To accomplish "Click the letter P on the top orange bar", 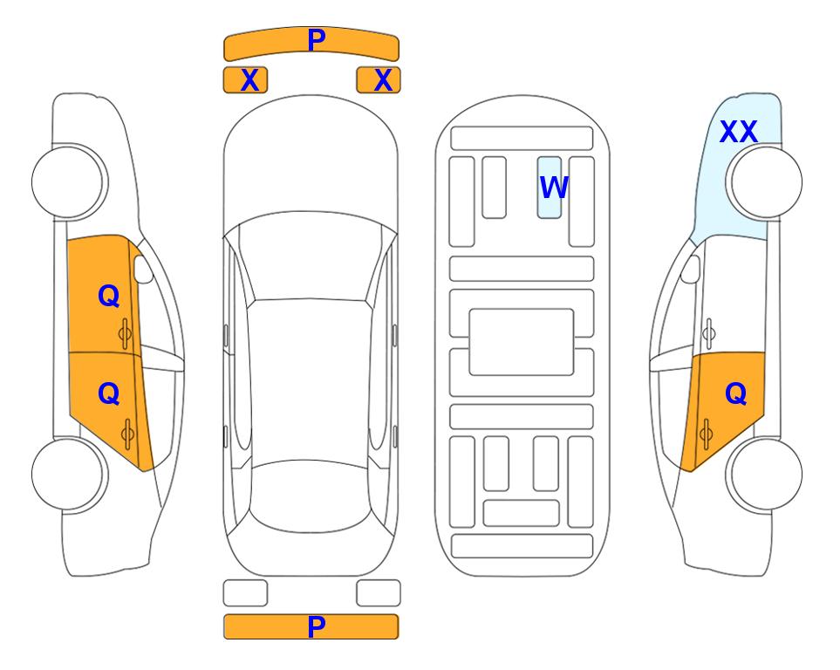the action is [x=317, y=40].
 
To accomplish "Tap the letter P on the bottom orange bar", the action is [x=317, y=626].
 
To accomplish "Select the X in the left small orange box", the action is [x=249, y=80].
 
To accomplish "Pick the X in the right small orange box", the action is [x=383, y=80].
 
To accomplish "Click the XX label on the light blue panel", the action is [x=738, y=132].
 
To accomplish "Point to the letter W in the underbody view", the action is [x=554, y=188].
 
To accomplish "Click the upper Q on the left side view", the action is [x=109, y=296].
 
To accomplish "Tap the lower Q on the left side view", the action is [x=109, y=394].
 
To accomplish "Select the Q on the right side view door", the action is [x=735, y=394].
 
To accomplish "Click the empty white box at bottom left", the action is [x=245, y=593].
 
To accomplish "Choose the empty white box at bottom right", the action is [x=379, y=593].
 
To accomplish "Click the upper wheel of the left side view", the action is [x=70, y=181].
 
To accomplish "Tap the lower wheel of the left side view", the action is [x=70, y=474].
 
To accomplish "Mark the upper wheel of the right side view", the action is [x=764, y=181].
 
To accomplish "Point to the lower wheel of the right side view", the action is [x=764, y=474].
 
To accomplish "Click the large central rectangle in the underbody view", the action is [x=522, y=342].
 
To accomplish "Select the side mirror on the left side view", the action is [x=142, y=269].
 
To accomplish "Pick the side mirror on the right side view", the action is [x=691, y=269].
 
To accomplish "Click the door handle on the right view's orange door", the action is [x=707, y=433].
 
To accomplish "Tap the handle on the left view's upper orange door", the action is [x=126, y=333].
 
